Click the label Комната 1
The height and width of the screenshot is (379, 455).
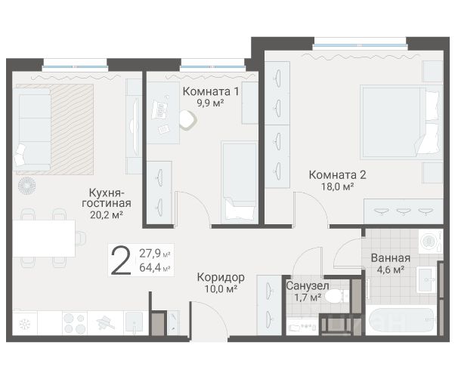click(x=211, y=91)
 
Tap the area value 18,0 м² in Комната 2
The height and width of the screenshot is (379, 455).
click(x=337, y=187)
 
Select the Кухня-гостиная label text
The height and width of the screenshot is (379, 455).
click(x=107, y=198)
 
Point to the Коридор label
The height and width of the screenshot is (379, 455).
click(x=221, y=277)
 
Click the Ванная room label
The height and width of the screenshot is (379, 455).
click(x=391, y=258)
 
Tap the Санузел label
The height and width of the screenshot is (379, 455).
click(x=308, y=285)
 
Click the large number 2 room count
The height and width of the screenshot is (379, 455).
click(x=121, y=260)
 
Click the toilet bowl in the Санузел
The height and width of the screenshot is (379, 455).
click(x=336, y=296)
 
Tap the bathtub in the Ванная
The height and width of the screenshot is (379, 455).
click(x=401, y=320)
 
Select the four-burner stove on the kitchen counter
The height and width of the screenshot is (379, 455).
click(x=75, y=323)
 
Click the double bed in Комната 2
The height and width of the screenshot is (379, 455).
click(x=401, y=122)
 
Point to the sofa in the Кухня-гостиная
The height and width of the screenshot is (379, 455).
click(x=32, y=130)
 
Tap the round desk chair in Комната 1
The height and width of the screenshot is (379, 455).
click(x=188, y=120)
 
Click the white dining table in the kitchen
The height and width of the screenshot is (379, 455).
click(x=44, y=238)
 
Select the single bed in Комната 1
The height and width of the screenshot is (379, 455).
click(x=240, y=182)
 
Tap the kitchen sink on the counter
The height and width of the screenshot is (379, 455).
click(x=135, y=322)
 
